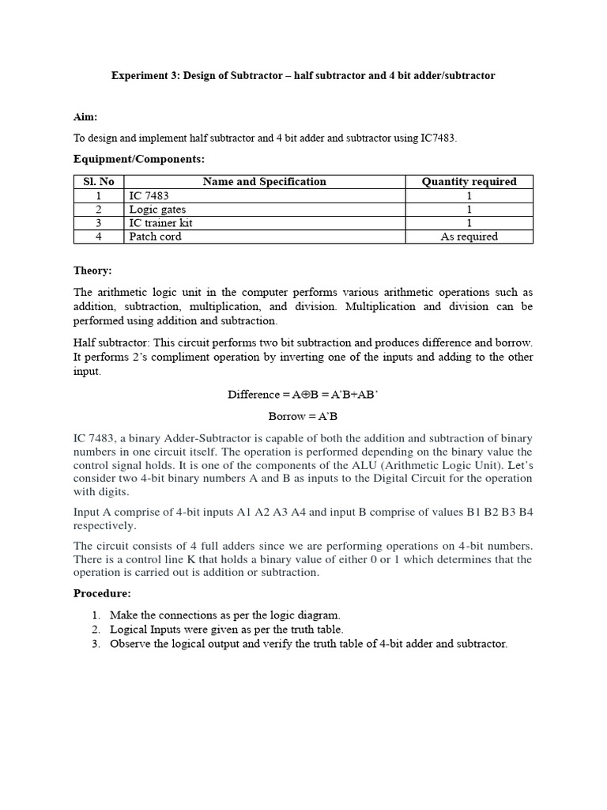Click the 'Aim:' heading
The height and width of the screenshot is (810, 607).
tap(85, 117)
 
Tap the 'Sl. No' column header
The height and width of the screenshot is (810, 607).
tap(99, 182)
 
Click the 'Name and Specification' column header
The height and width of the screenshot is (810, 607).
tap(264, 182)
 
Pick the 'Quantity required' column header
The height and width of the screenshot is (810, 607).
tap(469, 182)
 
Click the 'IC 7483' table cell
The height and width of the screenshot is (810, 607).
tap(149, 195)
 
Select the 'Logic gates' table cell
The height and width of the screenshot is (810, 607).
tap(155, 210)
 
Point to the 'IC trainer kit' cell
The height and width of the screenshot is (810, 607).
tap(161, 223)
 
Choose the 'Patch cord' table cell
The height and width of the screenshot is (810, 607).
tap(156, 237)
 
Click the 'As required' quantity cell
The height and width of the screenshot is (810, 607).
tap(469, 237)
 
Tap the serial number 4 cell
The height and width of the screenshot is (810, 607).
tap(99, 237)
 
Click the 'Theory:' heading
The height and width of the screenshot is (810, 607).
tap(92, 271)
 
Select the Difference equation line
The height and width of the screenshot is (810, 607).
tap(303, 394)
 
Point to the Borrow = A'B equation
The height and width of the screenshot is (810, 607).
tap(303, 416)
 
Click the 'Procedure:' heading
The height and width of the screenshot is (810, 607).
tap(102, 593)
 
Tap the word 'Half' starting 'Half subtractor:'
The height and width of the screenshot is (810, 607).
tap(85, 343)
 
